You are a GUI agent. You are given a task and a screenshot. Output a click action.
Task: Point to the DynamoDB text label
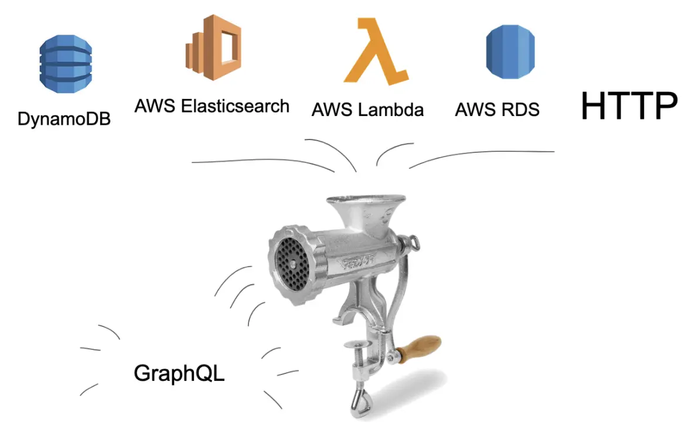(x=64, y=119)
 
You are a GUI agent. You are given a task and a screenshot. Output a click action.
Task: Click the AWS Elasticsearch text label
(x=212, y=106)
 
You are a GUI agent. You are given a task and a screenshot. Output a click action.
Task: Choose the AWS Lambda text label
(x=367, y=110)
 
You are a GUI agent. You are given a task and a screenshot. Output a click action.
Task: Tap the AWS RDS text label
(x=497, y=110)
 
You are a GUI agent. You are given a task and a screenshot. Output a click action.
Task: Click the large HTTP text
(x=629, y=106)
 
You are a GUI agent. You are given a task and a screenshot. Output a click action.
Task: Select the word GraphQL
(x=179, y=373)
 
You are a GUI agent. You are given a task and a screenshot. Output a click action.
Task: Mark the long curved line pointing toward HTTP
(x=480, y=155)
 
